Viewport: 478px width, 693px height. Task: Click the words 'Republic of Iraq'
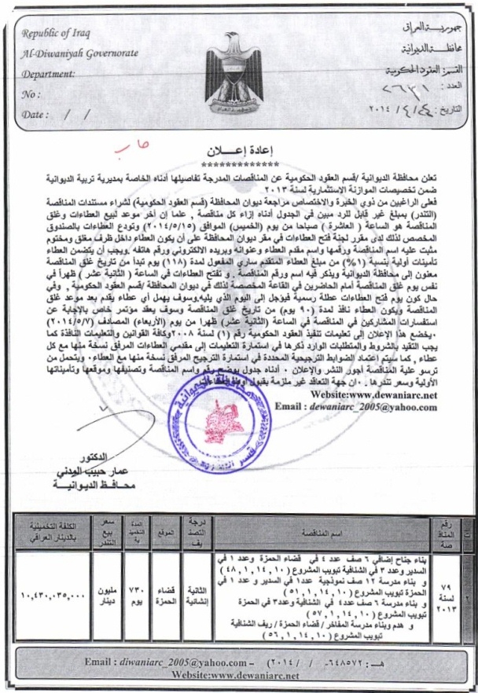pos(57,34)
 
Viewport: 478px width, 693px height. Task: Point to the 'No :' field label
pos(32,93)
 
